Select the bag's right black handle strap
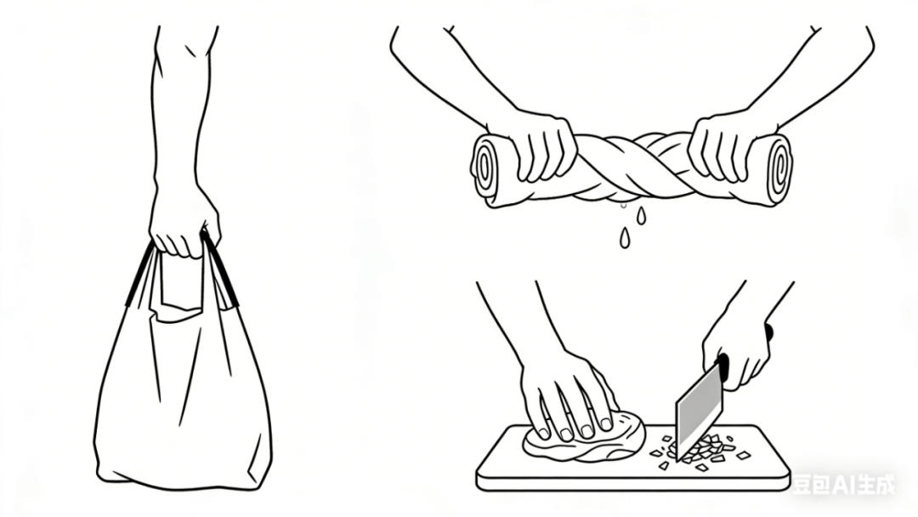[220, 269]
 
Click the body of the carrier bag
[183, 398]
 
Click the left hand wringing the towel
[541, 146]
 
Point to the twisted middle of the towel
[633, 167]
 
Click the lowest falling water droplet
[625, 238]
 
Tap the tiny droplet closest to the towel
[624, 205]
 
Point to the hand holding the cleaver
[736, 351]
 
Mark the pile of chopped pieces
[700, 452]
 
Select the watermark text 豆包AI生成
[843, 484]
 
